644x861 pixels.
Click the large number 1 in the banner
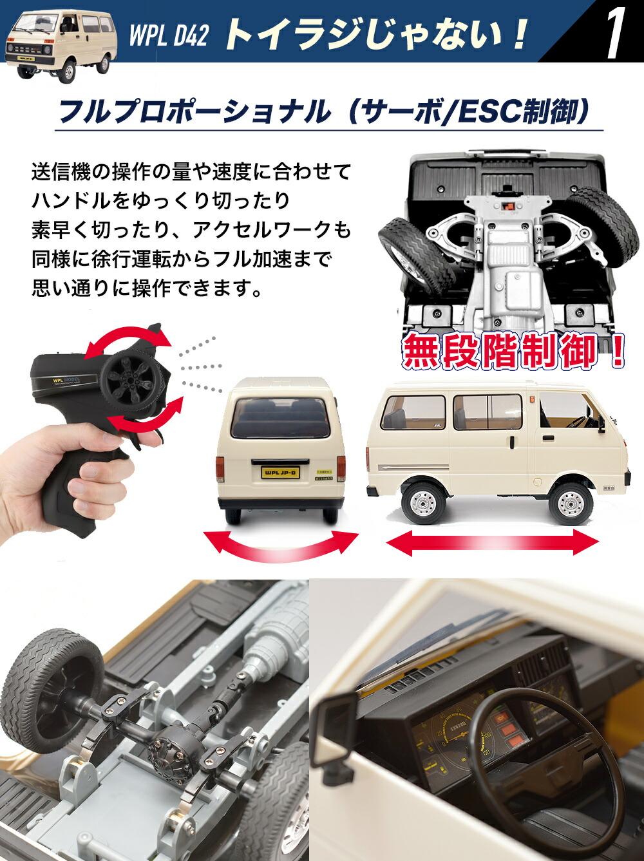coord(615,32)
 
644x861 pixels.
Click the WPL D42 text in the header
coord(169,35)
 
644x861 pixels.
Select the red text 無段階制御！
coord(512,351)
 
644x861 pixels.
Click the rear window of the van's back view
coord(280,418)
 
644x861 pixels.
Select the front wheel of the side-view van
coord(571,503)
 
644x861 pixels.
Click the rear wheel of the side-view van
coord(423,502)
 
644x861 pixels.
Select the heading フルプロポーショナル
coord(193,111)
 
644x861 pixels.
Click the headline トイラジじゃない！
coord(377,34)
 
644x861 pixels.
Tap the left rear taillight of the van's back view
coord(220,468)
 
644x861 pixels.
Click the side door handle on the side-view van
coord(547,438)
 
